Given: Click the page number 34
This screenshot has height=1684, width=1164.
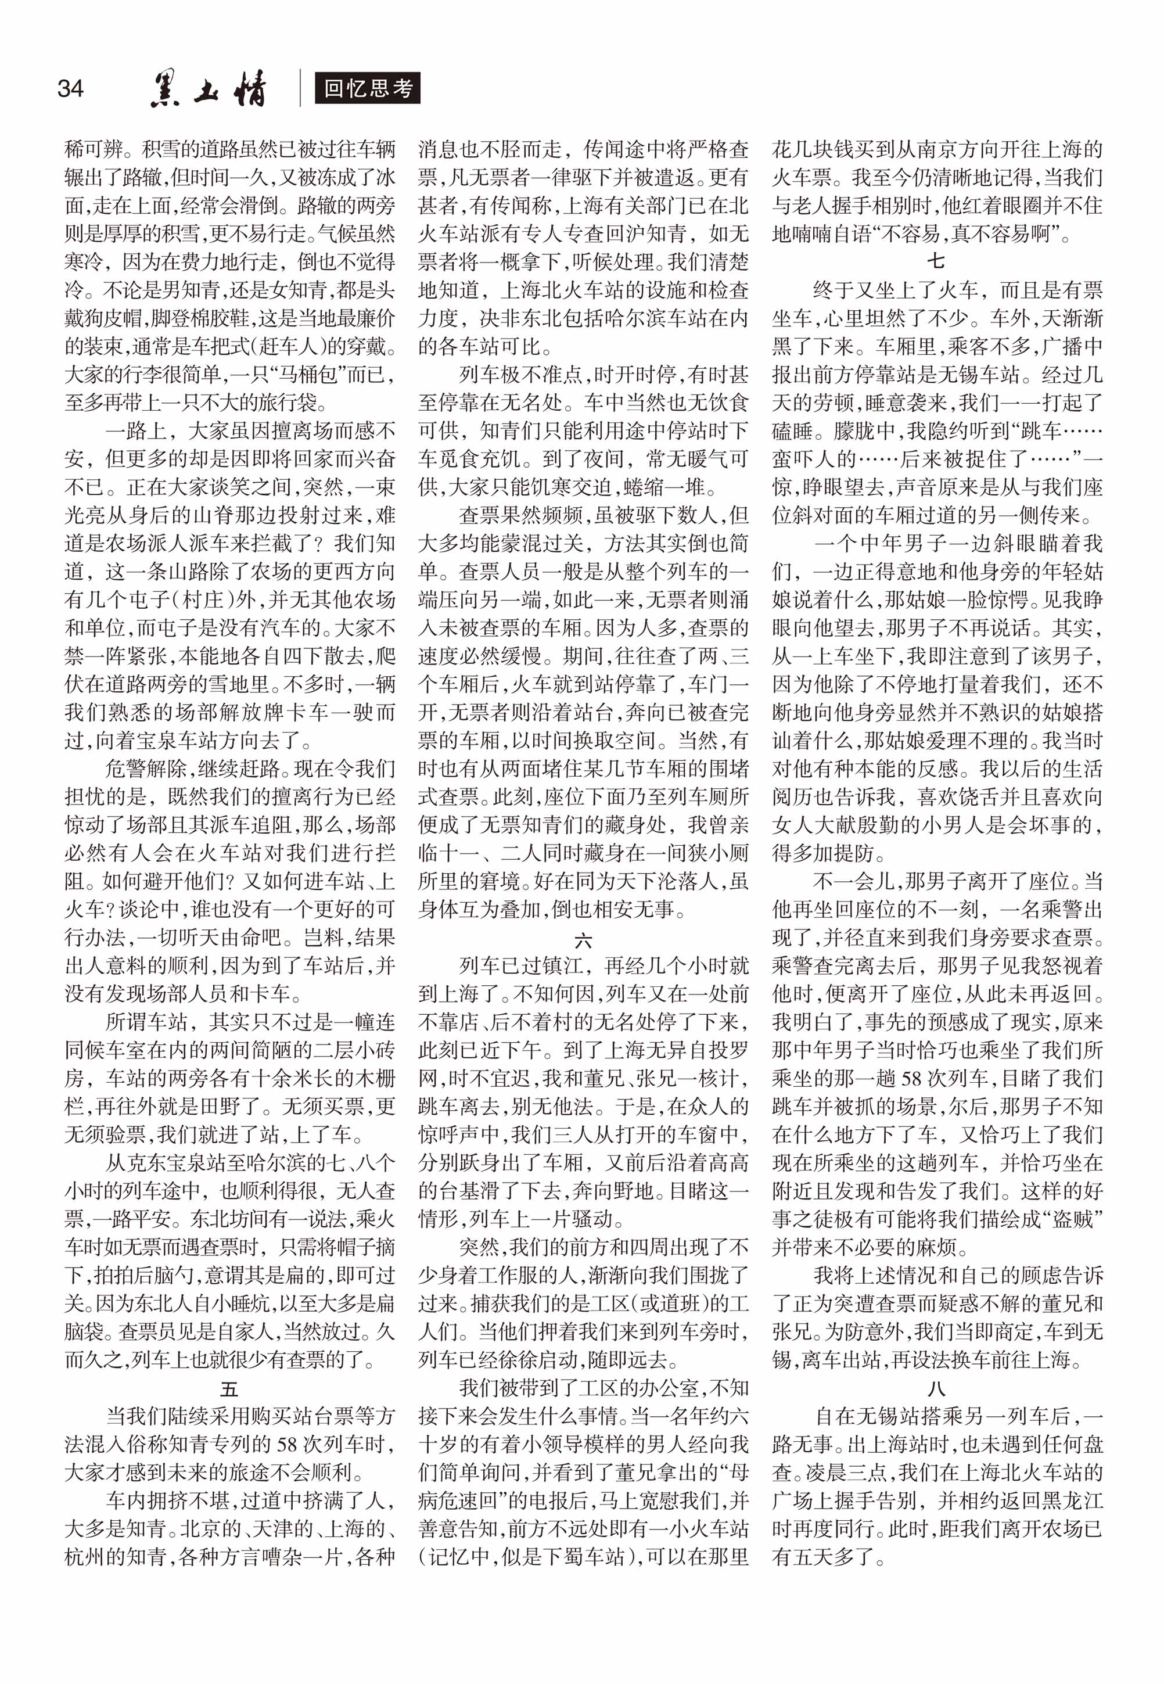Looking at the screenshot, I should [70, 89].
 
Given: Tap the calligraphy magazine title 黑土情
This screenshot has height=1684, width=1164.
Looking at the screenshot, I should [209, 89].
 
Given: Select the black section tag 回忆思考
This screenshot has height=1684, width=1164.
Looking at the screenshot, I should [368, 88].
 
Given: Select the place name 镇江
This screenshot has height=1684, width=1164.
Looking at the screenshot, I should [562, 967].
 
